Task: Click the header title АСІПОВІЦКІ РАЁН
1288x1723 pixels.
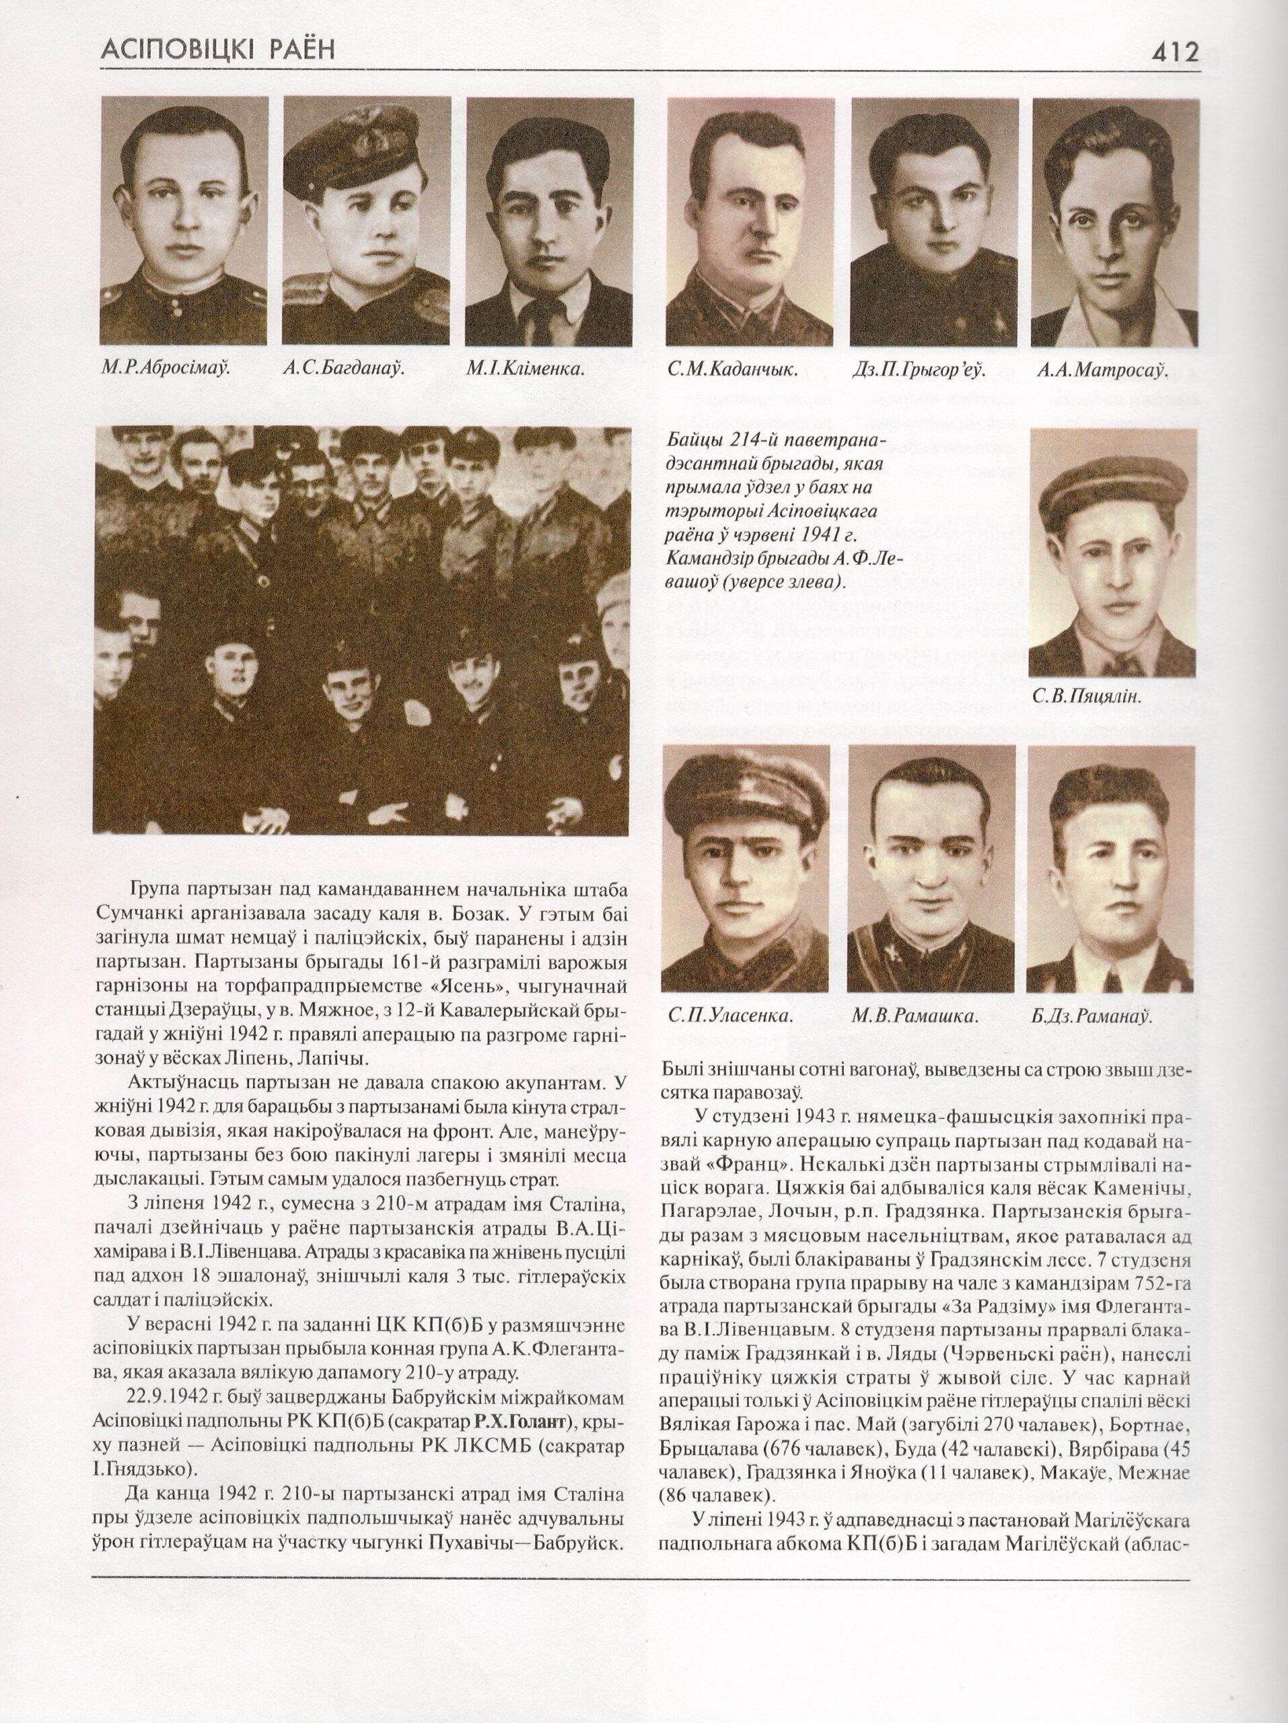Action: [x=217, y=50]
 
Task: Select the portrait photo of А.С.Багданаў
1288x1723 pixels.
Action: [x=365, y=221]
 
